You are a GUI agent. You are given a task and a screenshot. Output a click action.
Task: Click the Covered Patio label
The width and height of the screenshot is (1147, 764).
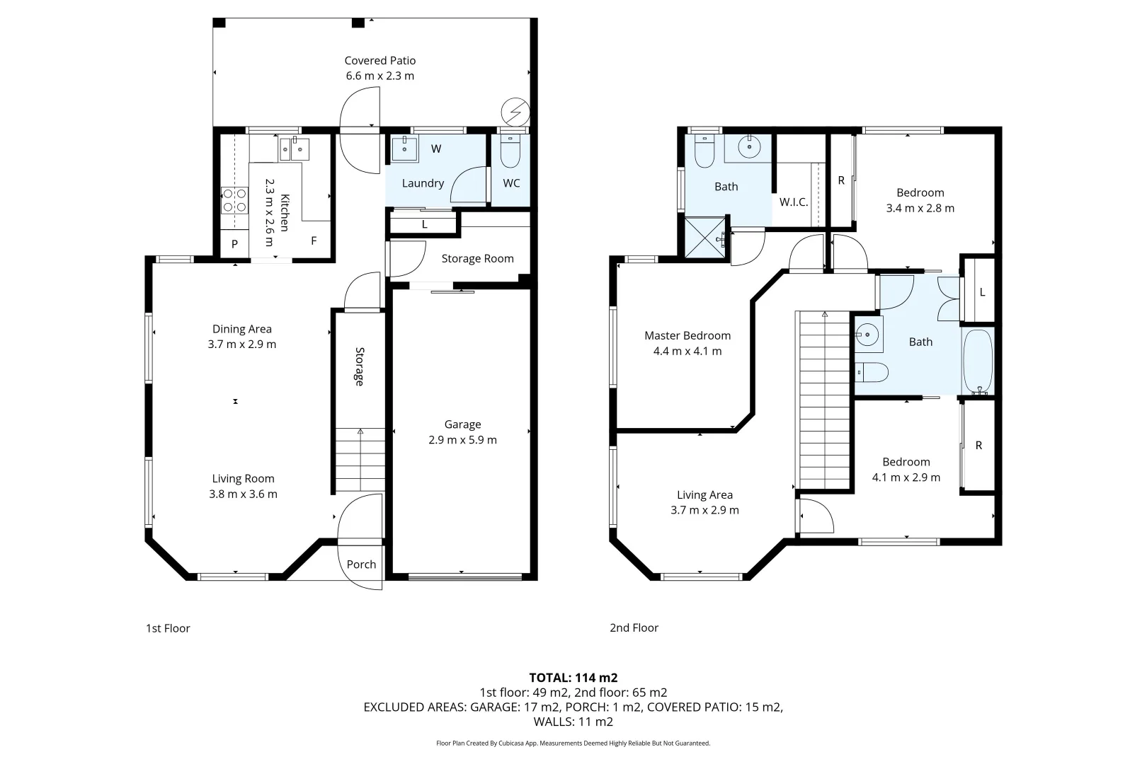point(380,61)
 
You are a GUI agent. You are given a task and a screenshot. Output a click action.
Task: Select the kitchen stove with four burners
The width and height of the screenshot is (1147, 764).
point(234,199)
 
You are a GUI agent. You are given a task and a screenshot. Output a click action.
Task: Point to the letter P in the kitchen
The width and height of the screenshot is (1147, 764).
point(235,244)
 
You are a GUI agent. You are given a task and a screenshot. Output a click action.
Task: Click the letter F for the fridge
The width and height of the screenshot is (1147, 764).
point(314,241)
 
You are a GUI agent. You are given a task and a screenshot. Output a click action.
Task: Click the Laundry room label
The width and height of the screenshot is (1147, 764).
point(423,183)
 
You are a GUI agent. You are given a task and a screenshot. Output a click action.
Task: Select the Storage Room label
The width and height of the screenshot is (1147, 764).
point(477,259)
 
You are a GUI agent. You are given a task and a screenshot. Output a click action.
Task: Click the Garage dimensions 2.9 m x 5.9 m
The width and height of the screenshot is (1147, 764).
point(462,440)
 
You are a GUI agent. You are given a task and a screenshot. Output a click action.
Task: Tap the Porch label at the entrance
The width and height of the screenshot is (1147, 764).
point(361,565)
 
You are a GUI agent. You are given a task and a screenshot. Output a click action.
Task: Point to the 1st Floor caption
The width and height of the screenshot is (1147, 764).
point(168,628)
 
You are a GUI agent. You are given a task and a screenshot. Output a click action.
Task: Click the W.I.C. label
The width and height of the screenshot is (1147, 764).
point(793,202)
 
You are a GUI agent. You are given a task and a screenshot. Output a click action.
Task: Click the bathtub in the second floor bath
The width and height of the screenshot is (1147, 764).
point(978,361)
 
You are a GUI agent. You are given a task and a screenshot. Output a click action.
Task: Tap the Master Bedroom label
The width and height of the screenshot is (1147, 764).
point(687,336)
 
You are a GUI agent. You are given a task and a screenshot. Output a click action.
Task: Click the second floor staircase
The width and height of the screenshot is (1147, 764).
point(823,400)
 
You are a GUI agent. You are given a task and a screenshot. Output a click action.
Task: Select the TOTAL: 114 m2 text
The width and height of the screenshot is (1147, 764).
point(573,678)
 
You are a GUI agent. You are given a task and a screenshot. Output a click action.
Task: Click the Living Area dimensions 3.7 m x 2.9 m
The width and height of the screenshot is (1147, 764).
point(704,511)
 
